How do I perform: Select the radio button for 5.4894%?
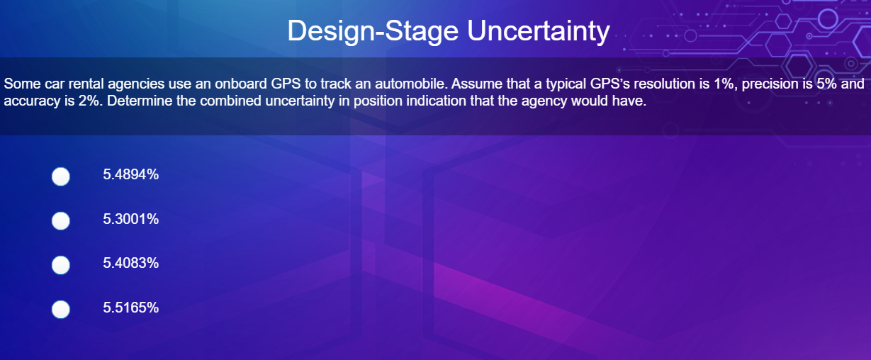[x=61, y=176]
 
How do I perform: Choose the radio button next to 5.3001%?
[x=61, y=221]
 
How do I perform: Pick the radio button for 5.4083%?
[x=61, y=265]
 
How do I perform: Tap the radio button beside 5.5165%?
[x=61, y=309]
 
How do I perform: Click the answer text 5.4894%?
[x=130, y=175]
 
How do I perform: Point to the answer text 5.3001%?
[x=130, y=220]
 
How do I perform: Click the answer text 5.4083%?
[x=130, y=264]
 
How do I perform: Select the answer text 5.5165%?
[x=130, y=308]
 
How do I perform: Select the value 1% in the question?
[x=715, y=84]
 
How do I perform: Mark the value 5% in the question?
[x=827, y=84]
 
